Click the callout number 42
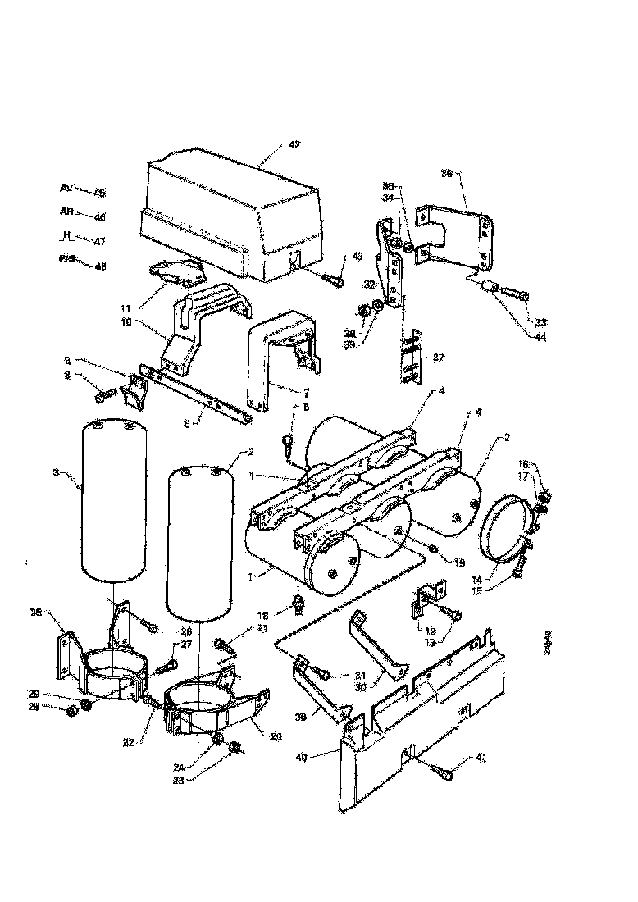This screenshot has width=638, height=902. point(294,145)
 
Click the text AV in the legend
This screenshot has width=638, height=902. point(66,188)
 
